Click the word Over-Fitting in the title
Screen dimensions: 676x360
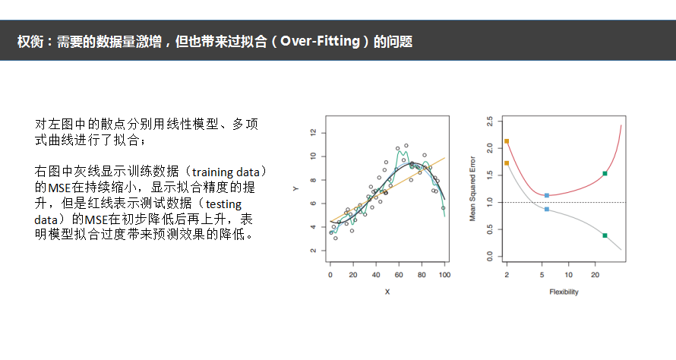(x=320, y=41)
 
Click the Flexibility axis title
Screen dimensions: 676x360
(x=564, y=292)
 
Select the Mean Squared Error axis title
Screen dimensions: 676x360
(x=472, y=189)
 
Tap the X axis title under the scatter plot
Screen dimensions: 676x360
(x=387, y=292)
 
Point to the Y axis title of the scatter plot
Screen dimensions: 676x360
(x=295, y=189)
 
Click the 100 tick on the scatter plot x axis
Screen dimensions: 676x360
(x=444, y=275)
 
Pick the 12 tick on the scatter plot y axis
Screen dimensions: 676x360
(x=314, y=132)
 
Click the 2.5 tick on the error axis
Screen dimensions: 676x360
(x=489, y=122)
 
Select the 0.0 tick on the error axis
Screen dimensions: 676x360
(x=489, y=257)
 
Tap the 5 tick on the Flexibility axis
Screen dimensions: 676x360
(x=542, y=275)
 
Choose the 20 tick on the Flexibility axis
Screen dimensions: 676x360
(x=595, y=275)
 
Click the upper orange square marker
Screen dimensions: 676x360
(x=507, y=141)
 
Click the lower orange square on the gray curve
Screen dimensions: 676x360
(x=507, y=163)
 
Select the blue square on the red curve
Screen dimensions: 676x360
(x=547, y=196)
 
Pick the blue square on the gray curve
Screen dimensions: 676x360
(x=547, y=209)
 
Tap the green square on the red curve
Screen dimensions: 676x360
(x=605, y=174)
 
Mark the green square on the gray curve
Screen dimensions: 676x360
(x=605, y=235)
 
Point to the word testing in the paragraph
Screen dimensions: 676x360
(x=223, y=204)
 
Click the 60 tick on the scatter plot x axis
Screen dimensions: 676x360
(x=399, y=275)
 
